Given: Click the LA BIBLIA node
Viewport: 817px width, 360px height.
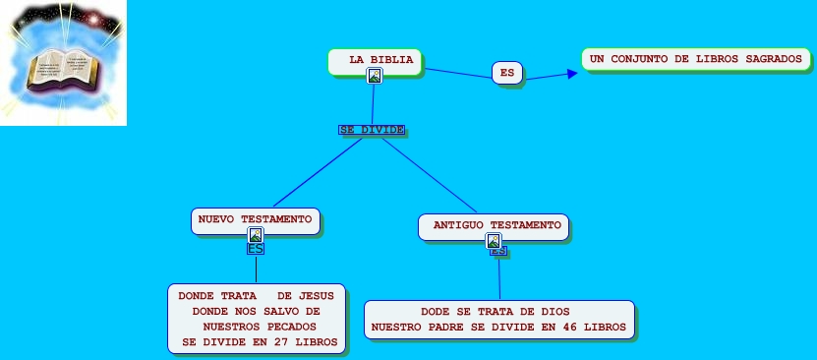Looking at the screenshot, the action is click(x=374, y=61).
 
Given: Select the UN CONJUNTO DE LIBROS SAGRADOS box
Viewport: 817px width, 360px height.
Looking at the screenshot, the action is click(x=695, y=59).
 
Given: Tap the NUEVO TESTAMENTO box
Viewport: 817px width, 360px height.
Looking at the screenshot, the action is click(x=256, y=218).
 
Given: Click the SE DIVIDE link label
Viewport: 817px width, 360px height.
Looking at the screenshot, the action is click(x=372, y=130).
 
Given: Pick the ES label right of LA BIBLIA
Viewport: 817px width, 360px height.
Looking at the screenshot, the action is click(x=506, y=73).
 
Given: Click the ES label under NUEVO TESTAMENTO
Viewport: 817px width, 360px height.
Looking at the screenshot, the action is click(x=256, y=249).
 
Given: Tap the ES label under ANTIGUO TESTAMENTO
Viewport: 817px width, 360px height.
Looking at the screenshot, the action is click(x=498, y=252).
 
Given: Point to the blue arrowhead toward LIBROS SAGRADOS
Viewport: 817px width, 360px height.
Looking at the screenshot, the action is click(x=571, y=73).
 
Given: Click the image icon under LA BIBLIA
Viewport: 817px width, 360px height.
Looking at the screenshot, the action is click(x=374, y=76).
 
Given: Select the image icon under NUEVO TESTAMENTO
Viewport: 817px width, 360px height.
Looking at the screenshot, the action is click(x=256, y=235).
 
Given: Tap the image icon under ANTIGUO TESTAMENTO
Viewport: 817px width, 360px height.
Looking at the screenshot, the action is click(x=494, y=241).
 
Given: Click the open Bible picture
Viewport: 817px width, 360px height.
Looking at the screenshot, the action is click(x=63, y=63).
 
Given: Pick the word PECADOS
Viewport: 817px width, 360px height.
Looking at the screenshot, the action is click(x=289, y=327).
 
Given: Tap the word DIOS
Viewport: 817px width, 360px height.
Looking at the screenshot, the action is click(x=554, y=311).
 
